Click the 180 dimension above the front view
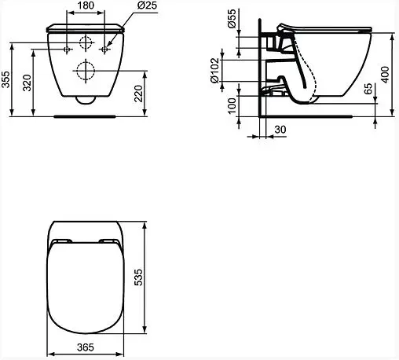(x=87, y=7)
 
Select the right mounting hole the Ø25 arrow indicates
(x=106, y=49)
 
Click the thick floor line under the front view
(x=87, y=117)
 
